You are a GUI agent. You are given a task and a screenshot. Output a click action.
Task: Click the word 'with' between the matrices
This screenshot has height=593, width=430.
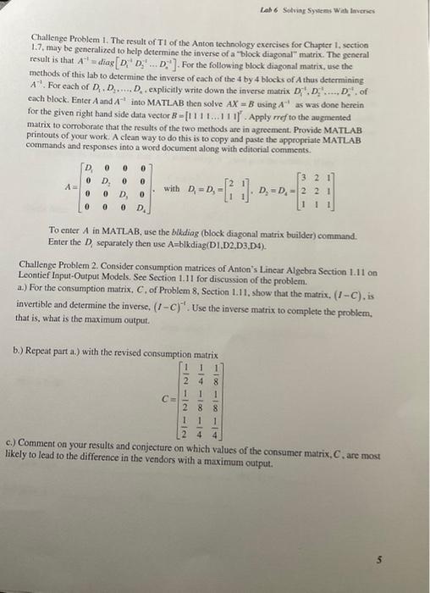[170, 187]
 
